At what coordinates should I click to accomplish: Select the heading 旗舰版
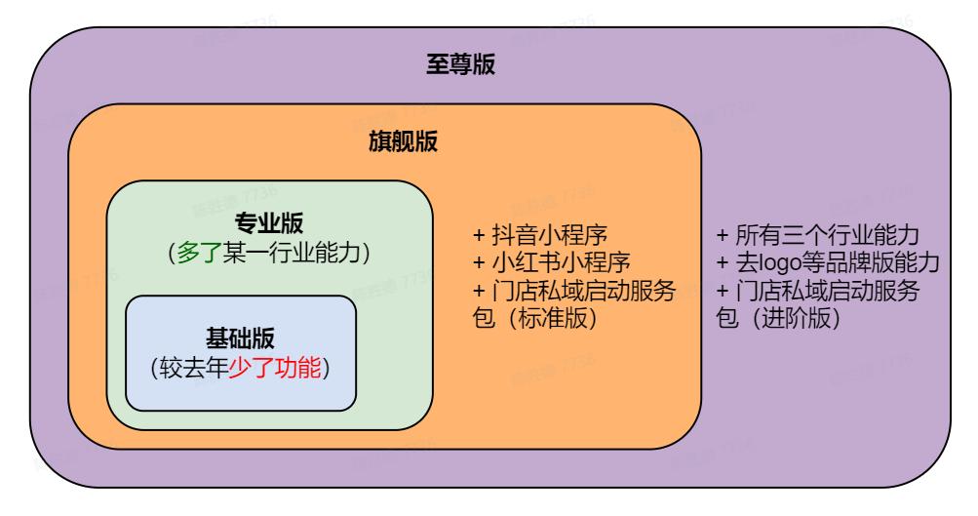[401, 142]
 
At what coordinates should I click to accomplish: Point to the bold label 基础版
[240, 338]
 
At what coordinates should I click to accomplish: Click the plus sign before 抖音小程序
[479, 237]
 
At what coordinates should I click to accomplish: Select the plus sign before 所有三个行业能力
[723, 237]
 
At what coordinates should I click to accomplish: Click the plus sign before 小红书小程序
[479, 264]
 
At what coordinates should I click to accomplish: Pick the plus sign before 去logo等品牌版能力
[723, 264]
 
